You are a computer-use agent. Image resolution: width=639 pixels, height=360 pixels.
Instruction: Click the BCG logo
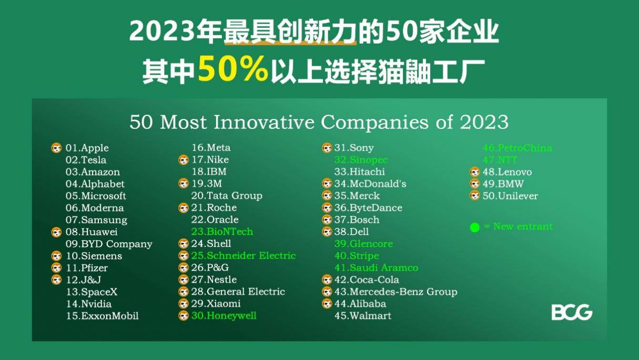[x=572, y=312]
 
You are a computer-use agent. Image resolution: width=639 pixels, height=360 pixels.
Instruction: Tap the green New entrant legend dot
[x=474, y=227]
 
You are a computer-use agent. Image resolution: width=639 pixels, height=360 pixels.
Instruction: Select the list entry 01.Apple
[x=87, y=148]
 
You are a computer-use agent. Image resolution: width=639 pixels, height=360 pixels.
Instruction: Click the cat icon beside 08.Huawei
[x=56, y=232]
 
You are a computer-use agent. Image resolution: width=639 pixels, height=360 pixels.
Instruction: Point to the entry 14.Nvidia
[x=89, y=304]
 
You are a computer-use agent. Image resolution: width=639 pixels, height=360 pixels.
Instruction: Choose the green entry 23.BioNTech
[x=222, y=232]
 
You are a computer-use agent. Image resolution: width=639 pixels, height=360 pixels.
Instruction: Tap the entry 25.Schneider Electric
[x=244, y=255]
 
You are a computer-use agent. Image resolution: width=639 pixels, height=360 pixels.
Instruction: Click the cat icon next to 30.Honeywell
[x=184, y=315]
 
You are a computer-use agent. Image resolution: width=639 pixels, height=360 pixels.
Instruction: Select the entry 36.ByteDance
[x=368, y=207]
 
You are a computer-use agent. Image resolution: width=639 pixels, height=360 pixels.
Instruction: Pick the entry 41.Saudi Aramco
[x=376, y=267]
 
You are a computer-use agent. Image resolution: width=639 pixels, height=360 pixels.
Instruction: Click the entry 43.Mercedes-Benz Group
[x=395, y=292]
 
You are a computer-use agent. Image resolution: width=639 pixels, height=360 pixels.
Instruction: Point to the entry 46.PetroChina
[x=517, y=148]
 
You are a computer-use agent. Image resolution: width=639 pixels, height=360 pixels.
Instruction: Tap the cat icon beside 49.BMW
[x=474, y=184]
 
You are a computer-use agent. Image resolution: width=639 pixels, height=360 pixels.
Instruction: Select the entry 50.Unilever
[x=510, y=196]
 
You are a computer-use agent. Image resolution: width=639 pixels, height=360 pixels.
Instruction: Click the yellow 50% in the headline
[x=233, y=69]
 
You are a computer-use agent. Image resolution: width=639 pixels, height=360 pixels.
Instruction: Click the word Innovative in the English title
[x=263, y=122]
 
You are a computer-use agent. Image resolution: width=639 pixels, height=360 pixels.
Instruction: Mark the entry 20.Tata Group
[x=227, y=196]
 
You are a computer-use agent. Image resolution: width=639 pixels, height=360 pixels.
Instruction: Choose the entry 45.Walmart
[x=362, y=315]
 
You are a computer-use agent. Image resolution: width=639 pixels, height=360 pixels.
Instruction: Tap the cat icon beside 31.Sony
[x=327, y=148]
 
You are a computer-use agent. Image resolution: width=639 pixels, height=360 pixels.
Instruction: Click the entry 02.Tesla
[x=86, y=160]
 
